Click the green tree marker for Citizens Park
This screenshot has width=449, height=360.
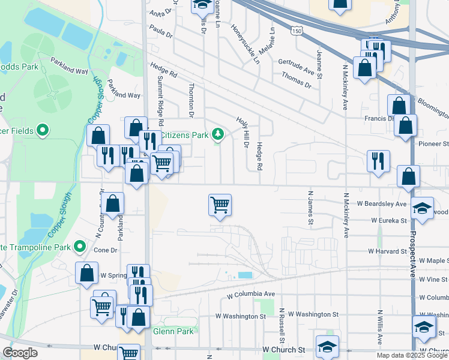tap(219, 134)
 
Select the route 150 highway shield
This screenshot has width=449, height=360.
tap(296, 31)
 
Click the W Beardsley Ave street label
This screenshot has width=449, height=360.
tap(384, 204)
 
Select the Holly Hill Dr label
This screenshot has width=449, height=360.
tap(245, 134)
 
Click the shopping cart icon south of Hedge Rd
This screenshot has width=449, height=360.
tap(220, 205)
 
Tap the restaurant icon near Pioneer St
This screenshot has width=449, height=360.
tap(378, 160)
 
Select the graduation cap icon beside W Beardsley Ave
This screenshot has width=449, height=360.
tap(423, 208)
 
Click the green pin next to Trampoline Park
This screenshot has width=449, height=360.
tap(79, 246)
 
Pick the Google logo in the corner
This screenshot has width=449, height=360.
tap(20, 353)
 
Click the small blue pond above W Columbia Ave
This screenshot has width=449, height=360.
tap(246, 275)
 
